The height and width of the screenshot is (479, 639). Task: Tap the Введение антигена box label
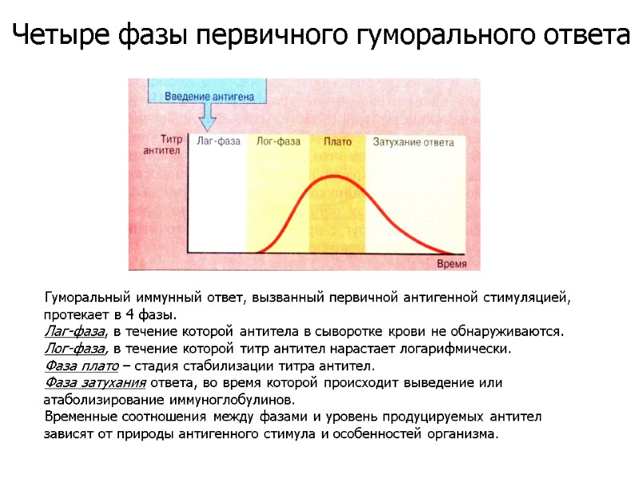(209, 97)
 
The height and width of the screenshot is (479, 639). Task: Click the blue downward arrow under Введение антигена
(208, 119)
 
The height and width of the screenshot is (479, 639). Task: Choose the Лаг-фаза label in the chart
(218, 142)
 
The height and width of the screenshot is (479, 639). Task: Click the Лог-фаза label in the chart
(278, 142)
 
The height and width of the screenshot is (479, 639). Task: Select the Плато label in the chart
(338, 142)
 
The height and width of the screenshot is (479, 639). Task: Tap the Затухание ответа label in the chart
(414, 142)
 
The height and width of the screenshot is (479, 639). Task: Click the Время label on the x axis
(453, 263)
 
